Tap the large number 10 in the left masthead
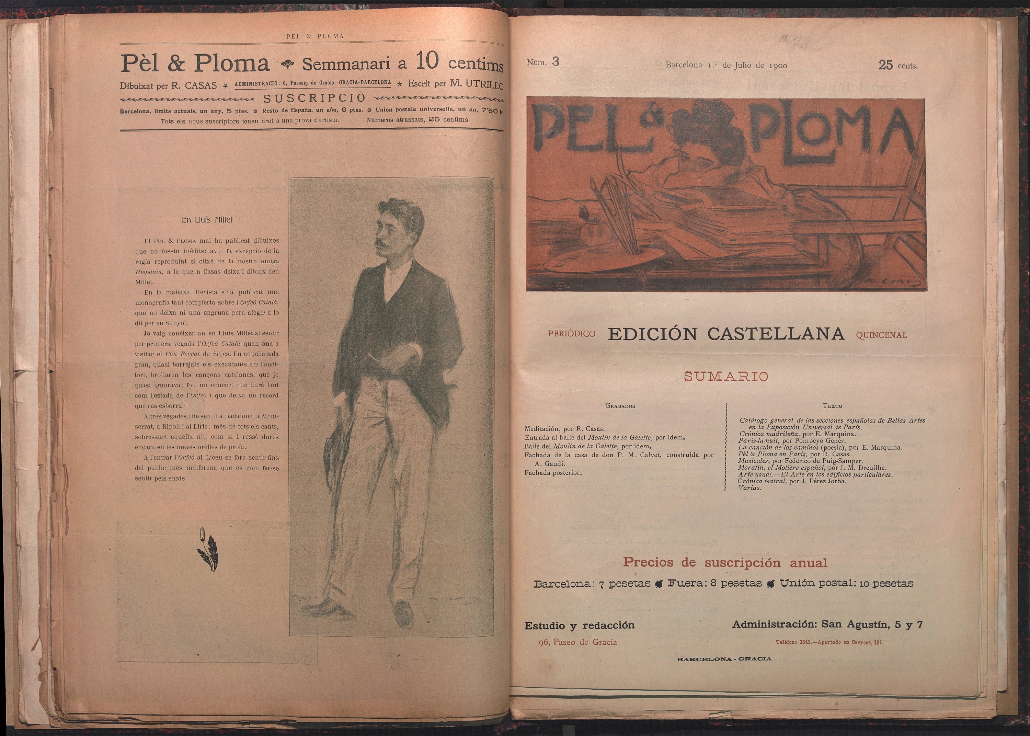click(427, 62)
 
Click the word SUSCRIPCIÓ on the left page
click(314, 98)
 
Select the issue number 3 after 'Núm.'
click(555, 62)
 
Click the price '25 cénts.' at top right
click(898, 65)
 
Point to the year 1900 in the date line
click(778, 65)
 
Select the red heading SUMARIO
click(725, 377)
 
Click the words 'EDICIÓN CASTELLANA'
click(726, 334)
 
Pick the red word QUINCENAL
click(881, 335)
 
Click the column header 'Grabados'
click(620, 406)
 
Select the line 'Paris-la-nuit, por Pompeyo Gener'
click(791, 440)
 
